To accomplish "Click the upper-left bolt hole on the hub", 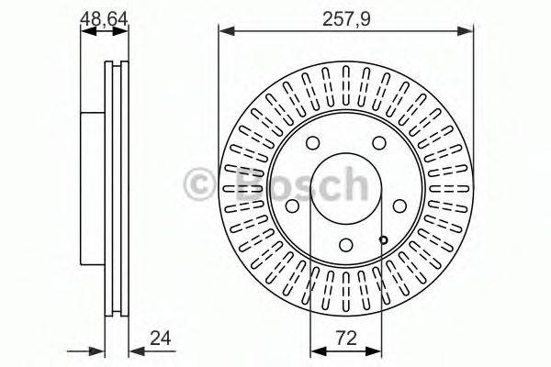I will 313,142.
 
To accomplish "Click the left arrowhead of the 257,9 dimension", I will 223,30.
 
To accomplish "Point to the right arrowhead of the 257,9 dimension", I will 470,30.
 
